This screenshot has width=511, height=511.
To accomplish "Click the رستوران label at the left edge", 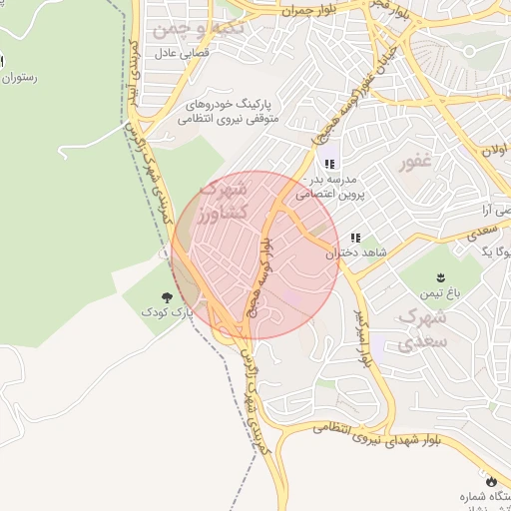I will tap(20, 77).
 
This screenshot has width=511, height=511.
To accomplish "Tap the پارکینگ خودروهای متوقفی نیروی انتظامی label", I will tap(238, 111).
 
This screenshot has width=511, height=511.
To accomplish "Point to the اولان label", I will tap(494, 151).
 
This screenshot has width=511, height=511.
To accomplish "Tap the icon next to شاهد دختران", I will tap(356, 238).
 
